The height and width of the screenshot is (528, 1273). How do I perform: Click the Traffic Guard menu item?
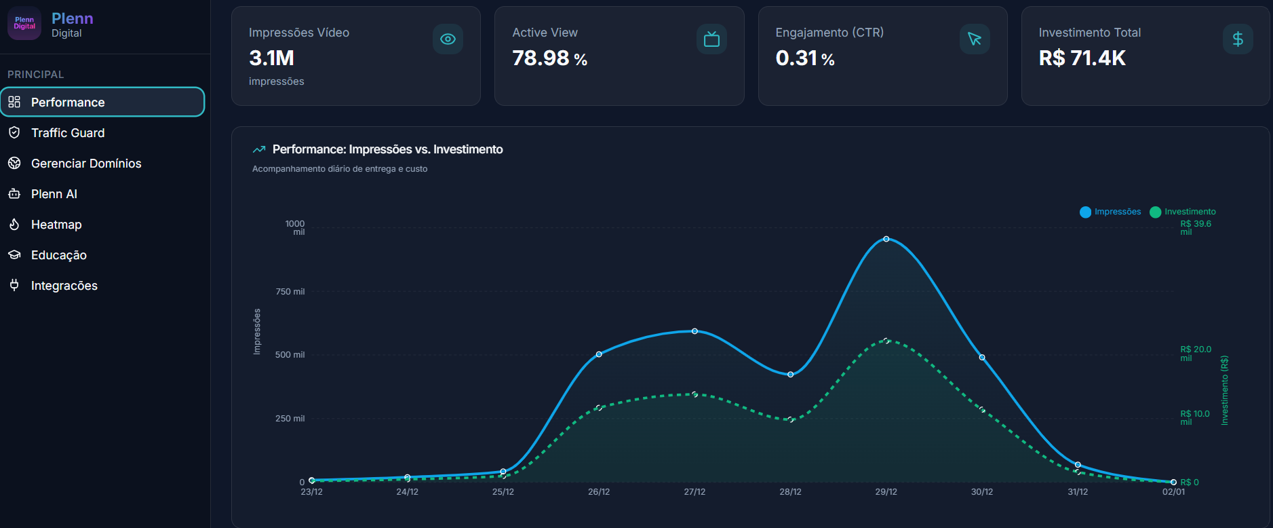[x=68, y=133]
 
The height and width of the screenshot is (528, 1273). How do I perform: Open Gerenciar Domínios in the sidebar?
[x=86, y=164]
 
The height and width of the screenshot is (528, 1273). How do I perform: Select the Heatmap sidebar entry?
[x=56, y=225]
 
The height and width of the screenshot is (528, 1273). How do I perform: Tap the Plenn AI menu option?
[x=54, y=194]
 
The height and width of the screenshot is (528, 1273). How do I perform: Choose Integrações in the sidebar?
[x=64, y=286]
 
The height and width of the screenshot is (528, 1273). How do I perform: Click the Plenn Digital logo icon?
[x=24, y=24]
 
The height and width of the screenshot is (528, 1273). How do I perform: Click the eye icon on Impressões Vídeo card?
[x=448, y=39]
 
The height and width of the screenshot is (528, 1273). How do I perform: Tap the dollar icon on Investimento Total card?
[x=1237, y=39]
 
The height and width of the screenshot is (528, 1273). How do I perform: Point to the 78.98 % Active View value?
[x=549, y=58]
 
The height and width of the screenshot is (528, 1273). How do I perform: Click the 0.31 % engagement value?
[x=805, y=58]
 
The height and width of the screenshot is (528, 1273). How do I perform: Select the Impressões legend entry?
[x=1110, y=212]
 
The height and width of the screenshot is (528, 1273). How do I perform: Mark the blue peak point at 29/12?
[x=886, y=239]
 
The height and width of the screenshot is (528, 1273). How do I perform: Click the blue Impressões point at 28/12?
[x=790, y=375]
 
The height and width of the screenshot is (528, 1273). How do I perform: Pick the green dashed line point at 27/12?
[x=694, y=394]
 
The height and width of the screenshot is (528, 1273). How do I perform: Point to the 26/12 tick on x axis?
[x=599, y=492]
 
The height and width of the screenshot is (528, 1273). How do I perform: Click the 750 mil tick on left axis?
[x=290, y=292]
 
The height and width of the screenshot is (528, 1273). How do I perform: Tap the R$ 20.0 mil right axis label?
[x=1195, y=354]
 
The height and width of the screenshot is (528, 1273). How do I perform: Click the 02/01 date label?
[x=1173, y=492]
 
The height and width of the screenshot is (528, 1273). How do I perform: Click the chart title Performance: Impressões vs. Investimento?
[x=387, y=149]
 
